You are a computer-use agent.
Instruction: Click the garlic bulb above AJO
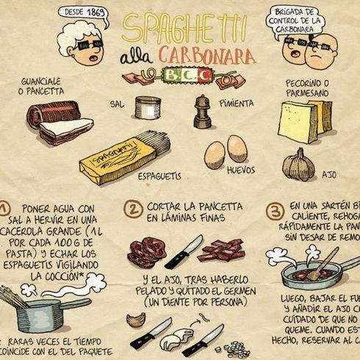pyautogui.click(x=299, y=165)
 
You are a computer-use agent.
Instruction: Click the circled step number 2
pyautogui.click(x=134, y=211)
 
